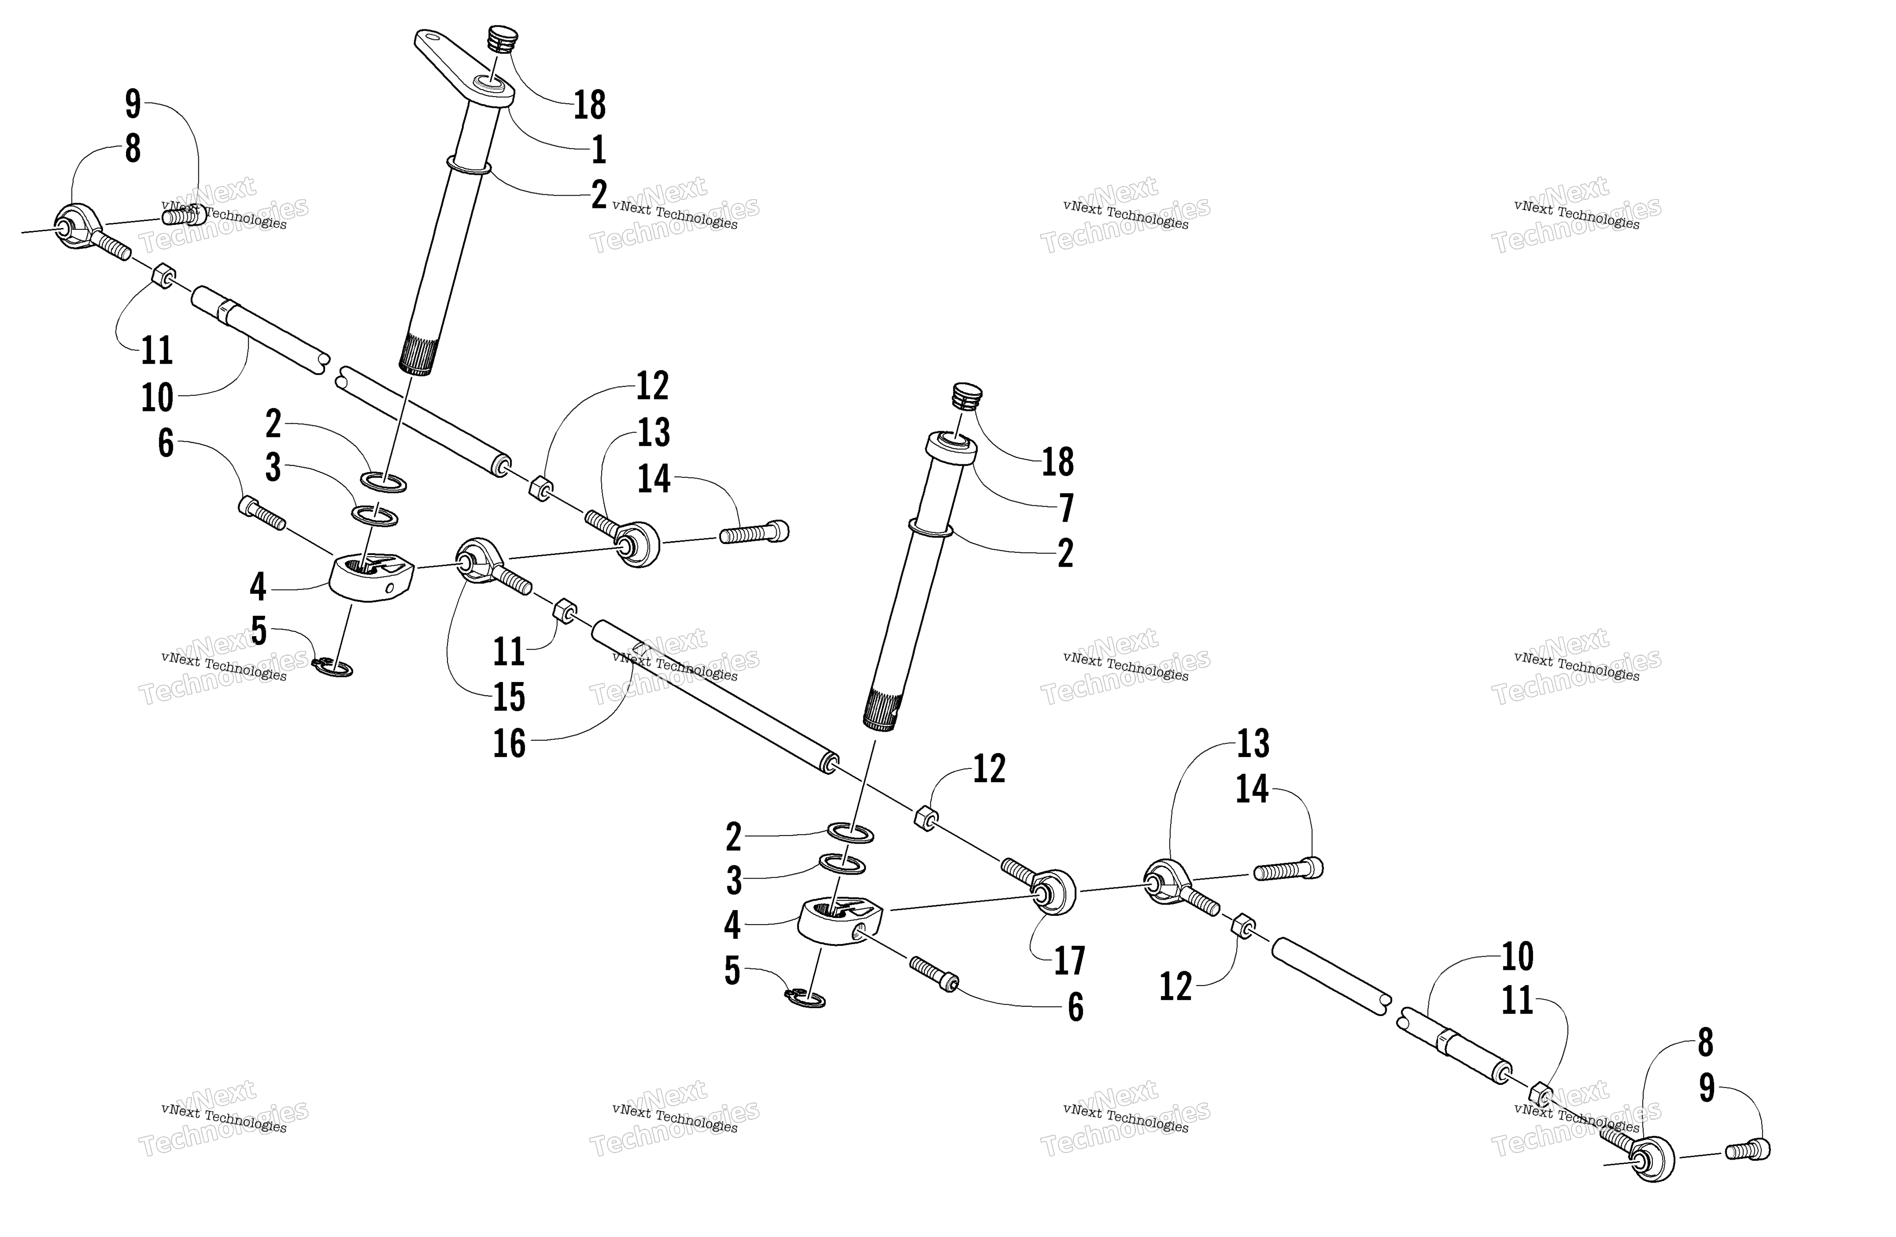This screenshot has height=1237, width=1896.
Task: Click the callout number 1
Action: [x=598, y=149]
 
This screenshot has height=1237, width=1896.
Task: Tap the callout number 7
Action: [x=1066, y=508]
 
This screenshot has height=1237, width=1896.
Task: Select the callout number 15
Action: [x=509, y=697]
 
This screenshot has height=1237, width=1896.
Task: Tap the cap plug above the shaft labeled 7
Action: [x=967, y=396]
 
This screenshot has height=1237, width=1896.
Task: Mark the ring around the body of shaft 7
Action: [x=931, y=528]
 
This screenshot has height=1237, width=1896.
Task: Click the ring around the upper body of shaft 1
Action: [x=469, y=165]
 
